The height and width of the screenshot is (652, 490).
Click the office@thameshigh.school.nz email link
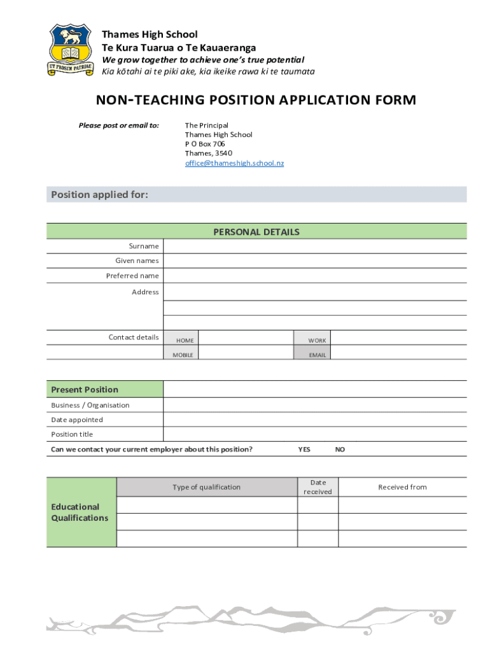(234, 163)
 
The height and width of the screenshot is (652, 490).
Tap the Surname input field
(314, 246)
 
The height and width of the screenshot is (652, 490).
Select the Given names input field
(314, 260)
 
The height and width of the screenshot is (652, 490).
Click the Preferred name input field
(314, 276)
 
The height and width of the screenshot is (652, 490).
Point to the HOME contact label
(185, 341)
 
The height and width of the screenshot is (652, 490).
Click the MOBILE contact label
(183, 355)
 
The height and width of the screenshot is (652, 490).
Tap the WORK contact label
(317, 341)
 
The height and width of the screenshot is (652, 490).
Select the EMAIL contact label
(318, 355)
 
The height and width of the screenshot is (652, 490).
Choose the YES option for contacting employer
(304, 450)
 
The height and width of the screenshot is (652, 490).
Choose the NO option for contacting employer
(340, 450)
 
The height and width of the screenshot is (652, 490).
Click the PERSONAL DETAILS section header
(256, 232)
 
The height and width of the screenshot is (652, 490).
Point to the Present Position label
(85, 390)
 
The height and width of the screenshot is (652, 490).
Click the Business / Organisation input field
(314, 405)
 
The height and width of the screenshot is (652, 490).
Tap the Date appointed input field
(314, 420)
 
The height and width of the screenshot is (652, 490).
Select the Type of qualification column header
(206, 487)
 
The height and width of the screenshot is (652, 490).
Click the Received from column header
(402, 487)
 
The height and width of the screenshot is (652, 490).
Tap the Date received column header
(318, 487)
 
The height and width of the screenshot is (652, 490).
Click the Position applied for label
(100, 194)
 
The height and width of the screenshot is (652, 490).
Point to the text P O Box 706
(205, 144)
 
